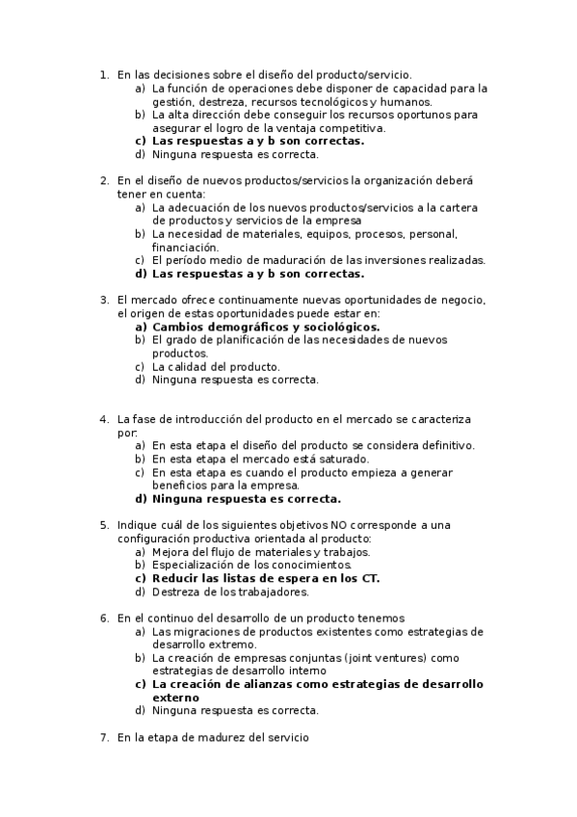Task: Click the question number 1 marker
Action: pos(104,74)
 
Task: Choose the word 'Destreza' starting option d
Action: pos(175,592)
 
